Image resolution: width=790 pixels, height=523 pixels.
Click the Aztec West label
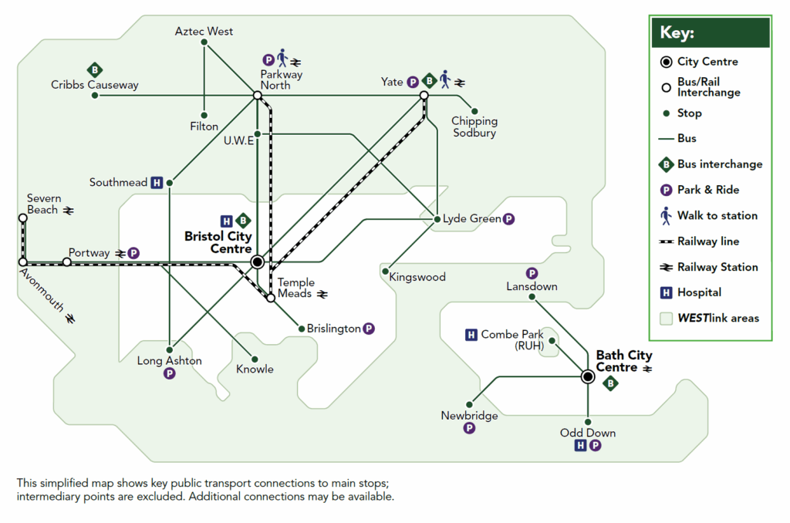pyautogui.click(x=204, y=32)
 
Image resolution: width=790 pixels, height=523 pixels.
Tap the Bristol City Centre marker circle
pyautogui.click(x=258, y=262)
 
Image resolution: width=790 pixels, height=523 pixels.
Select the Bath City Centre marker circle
pyautogui.click(x=588, y=376)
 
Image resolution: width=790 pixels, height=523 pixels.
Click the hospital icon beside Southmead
pyautogui.click(x=157, y=183)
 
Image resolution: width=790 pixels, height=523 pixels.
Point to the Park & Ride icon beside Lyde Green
pyautogui.click(x=508, y=219)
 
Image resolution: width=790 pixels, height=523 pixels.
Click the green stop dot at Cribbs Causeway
pyautogui.click(x=94, y=96)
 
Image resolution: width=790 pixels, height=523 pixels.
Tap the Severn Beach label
pyautogui.click(x=43, y=204)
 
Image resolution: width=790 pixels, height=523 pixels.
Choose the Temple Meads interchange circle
pyautogui.click(x=271, y=297)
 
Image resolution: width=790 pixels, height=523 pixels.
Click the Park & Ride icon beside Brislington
pyautogui.click(x=369, y=329)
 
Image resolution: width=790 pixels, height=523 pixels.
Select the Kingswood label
pyautogui.click(x=417, y=277)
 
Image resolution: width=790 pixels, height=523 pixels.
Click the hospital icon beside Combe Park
pyautogui.click(x=471, y=335)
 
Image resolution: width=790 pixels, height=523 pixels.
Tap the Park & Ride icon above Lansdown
pyautogui.click(x=532, y=273)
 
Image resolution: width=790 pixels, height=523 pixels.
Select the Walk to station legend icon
pyautogui.click(x=666, y=215)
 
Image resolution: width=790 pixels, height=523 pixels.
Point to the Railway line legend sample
pyautogui.click(x=665, y=241)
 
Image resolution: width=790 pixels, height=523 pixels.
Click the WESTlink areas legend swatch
pyautogui.click(x=666, y=318)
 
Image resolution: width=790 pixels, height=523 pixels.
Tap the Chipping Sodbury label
pyautogui.click(x=474, y=127)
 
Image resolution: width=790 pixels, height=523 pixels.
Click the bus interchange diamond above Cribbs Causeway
pyautogui.click(x=95, y=70)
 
